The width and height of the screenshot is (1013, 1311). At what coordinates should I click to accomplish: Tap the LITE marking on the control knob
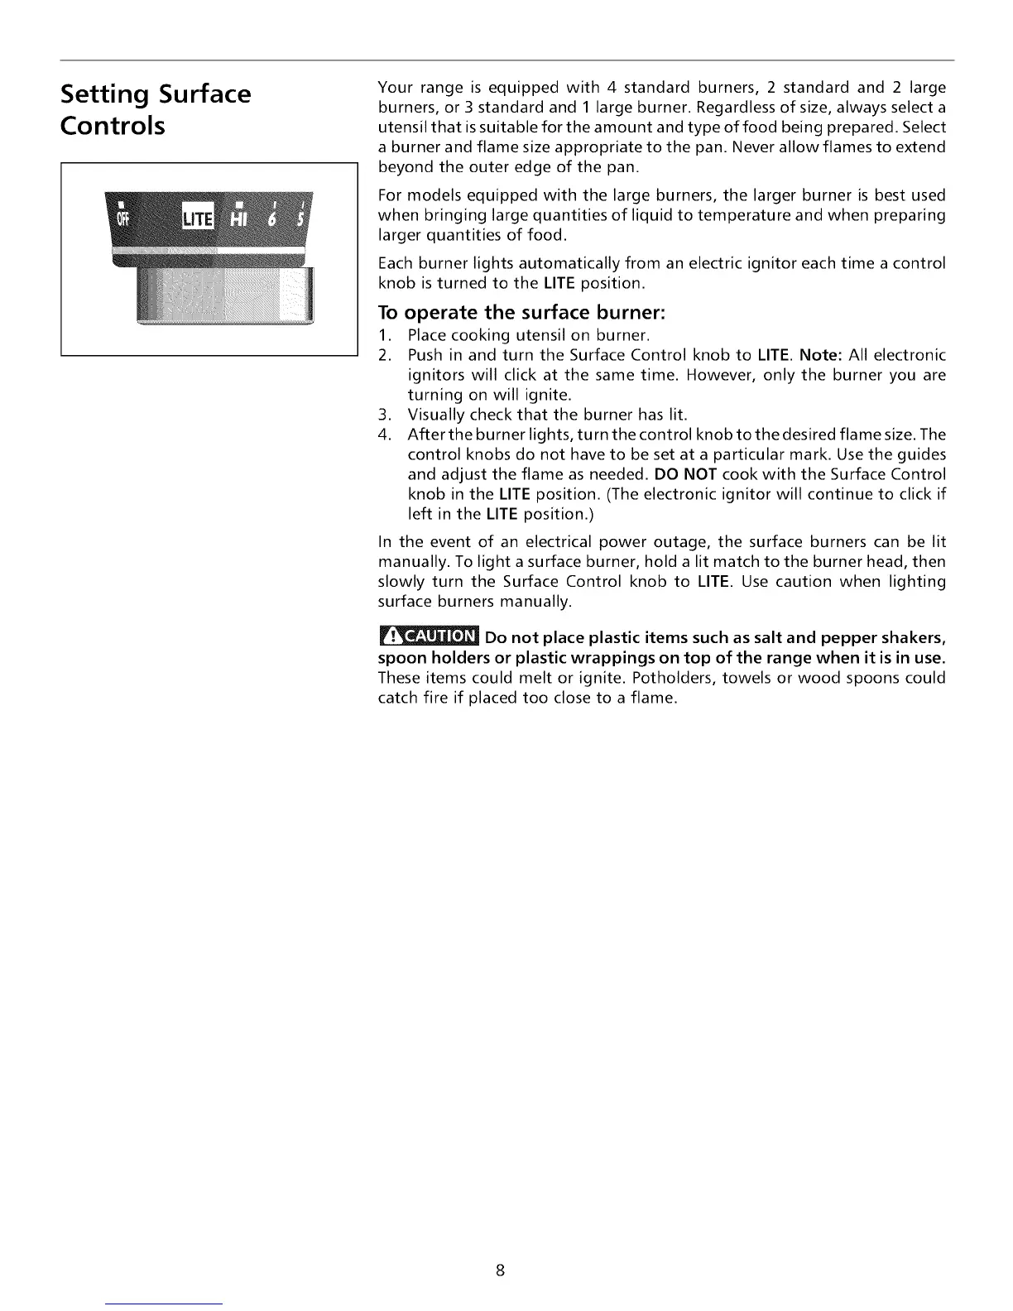click(x=197, y=218)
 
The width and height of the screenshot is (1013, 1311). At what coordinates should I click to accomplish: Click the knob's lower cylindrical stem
click(x=223, y=294)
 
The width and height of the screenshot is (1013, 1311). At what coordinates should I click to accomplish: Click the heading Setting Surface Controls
click(x=156, y=109)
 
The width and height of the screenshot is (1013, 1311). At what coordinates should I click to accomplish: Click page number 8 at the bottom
click(x=501, y=1270)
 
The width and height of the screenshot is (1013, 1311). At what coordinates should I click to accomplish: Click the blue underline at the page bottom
click(x=165, y=1304)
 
